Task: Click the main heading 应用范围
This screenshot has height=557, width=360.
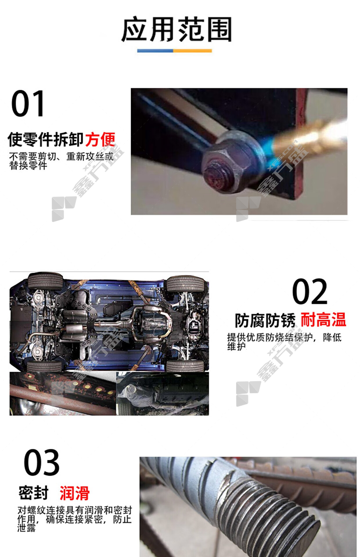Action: [x=176, y=30]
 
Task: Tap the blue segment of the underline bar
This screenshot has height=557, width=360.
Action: [x=155, y=51]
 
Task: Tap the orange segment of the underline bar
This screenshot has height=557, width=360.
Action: [x=193, y=51]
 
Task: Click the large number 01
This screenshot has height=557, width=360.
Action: [x=28, y=103]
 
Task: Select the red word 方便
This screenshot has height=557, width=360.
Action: [x=100, y=139]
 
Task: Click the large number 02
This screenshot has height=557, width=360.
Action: [x=309, y=291]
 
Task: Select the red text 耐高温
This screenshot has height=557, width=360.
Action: [x=324, y=320]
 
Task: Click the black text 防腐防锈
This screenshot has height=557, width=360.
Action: [x=265, y=320]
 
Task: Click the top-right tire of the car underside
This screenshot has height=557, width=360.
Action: [x=185, y=283]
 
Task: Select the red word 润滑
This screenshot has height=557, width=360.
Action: [x=75, y=493]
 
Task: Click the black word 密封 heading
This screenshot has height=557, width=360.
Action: [x=34, y=493]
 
